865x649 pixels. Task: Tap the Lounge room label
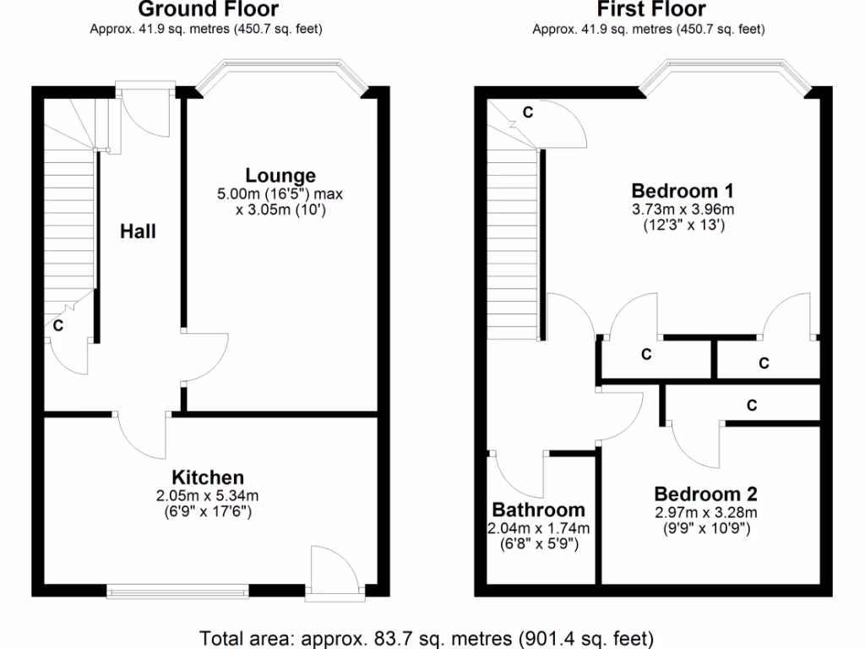point(280,176)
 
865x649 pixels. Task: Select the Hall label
point(138,231)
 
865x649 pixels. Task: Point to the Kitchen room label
point(208,477)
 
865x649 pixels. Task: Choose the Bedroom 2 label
point(705,494)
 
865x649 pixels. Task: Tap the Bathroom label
point(538,510)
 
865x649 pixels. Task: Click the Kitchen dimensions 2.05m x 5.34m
point(208,495)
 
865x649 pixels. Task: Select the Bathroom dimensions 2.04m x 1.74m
point(538,528)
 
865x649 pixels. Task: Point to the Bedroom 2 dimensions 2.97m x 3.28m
point(705,512)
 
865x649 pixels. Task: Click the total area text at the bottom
point(427,637)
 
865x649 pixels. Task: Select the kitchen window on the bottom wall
point(177,589)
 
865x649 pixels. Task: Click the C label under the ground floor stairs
point(58,324)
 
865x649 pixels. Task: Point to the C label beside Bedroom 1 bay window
point(527,112)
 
